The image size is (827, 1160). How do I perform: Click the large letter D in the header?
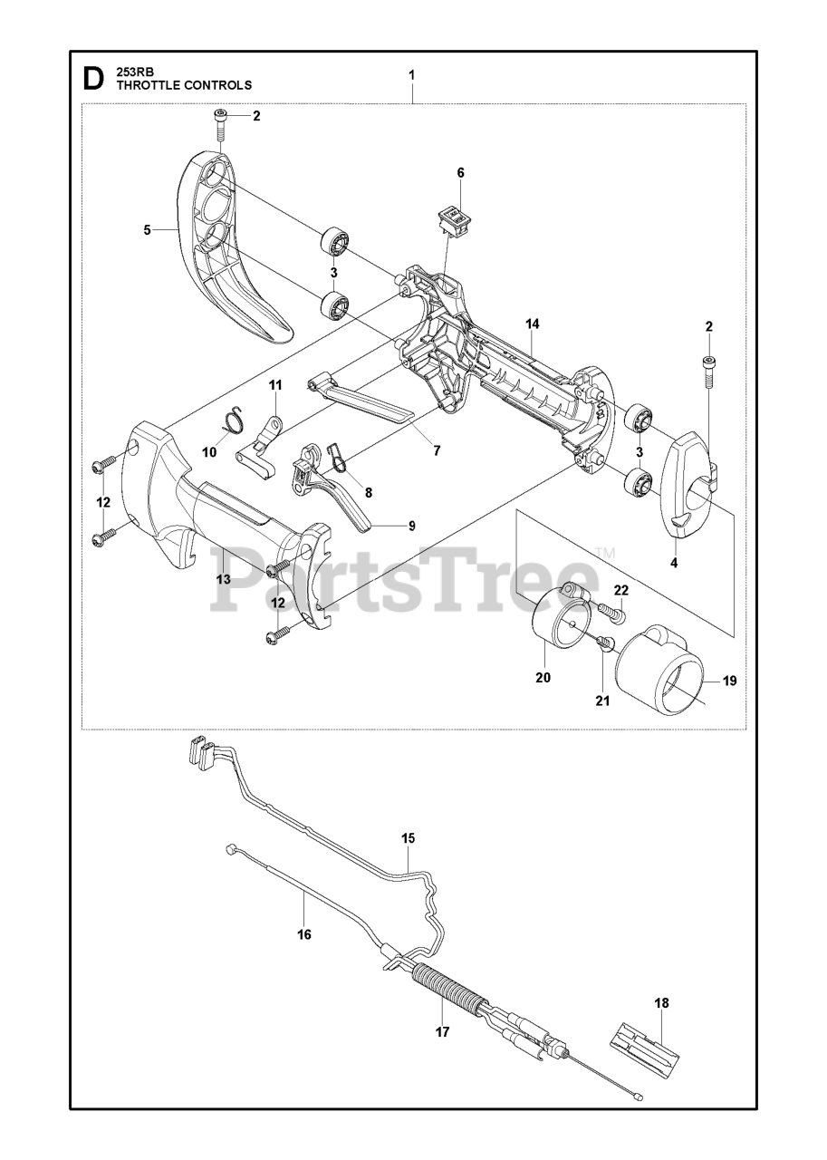(x=92, y=79)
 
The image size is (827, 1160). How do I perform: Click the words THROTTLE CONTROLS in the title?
(x=184, y=84)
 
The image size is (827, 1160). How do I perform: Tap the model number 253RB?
(x=134, y=72)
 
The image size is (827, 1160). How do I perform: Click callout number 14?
(x=532, y=324)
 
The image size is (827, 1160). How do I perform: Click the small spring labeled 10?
(x=233, y=419)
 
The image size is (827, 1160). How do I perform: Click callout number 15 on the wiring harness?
(x=409, y=838)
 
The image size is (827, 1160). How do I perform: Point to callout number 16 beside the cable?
(x=303, y=933)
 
